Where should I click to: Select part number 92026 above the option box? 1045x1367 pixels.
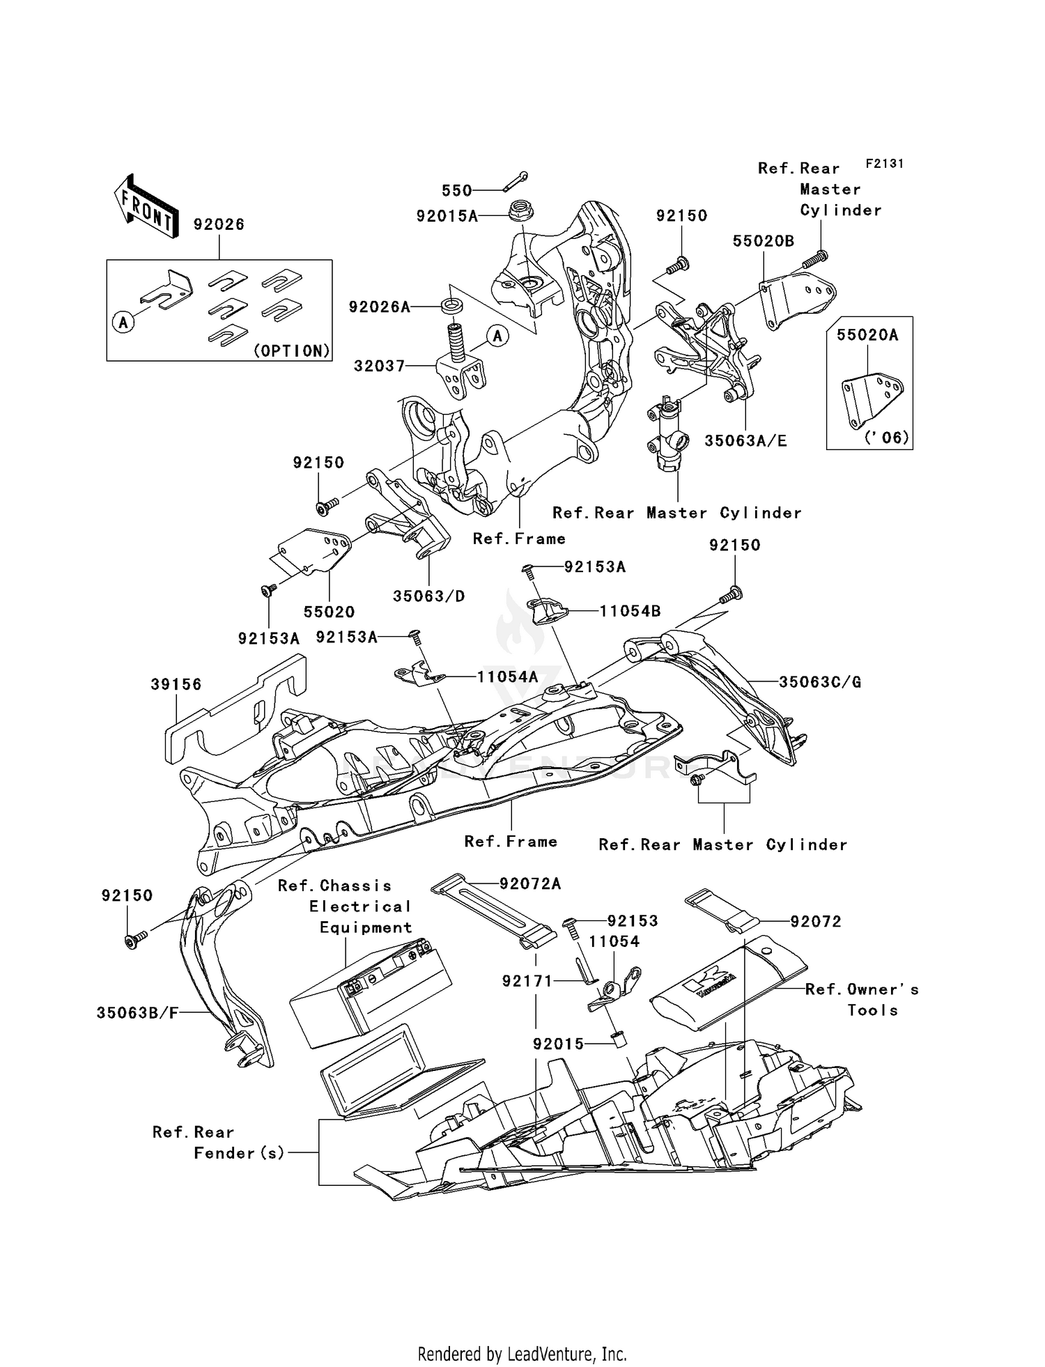click(219, 224)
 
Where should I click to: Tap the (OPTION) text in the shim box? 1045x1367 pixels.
click(291, 350)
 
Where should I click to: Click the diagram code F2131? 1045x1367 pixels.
click(884, 163)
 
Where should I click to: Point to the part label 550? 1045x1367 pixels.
click(456, 190)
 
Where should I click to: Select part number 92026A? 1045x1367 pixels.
click(379, 307)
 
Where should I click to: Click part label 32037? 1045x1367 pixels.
click(379, 365)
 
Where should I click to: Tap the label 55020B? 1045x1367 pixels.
click(763, 241)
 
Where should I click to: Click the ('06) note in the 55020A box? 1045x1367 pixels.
click(887, 438)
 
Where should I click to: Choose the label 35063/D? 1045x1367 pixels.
click(428, 596)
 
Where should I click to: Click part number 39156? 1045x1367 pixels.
click(176, 684)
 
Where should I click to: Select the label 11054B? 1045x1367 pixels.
click(630, 611)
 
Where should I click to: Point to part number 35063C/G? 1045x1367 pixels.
click(819, 682)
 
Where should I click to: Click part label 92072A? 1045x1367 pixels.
click(530, 883)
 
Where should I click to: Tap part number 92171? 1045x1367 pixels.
click(527, 981)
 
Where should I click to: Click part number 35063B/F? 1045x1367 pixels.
click(137, 1013)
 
